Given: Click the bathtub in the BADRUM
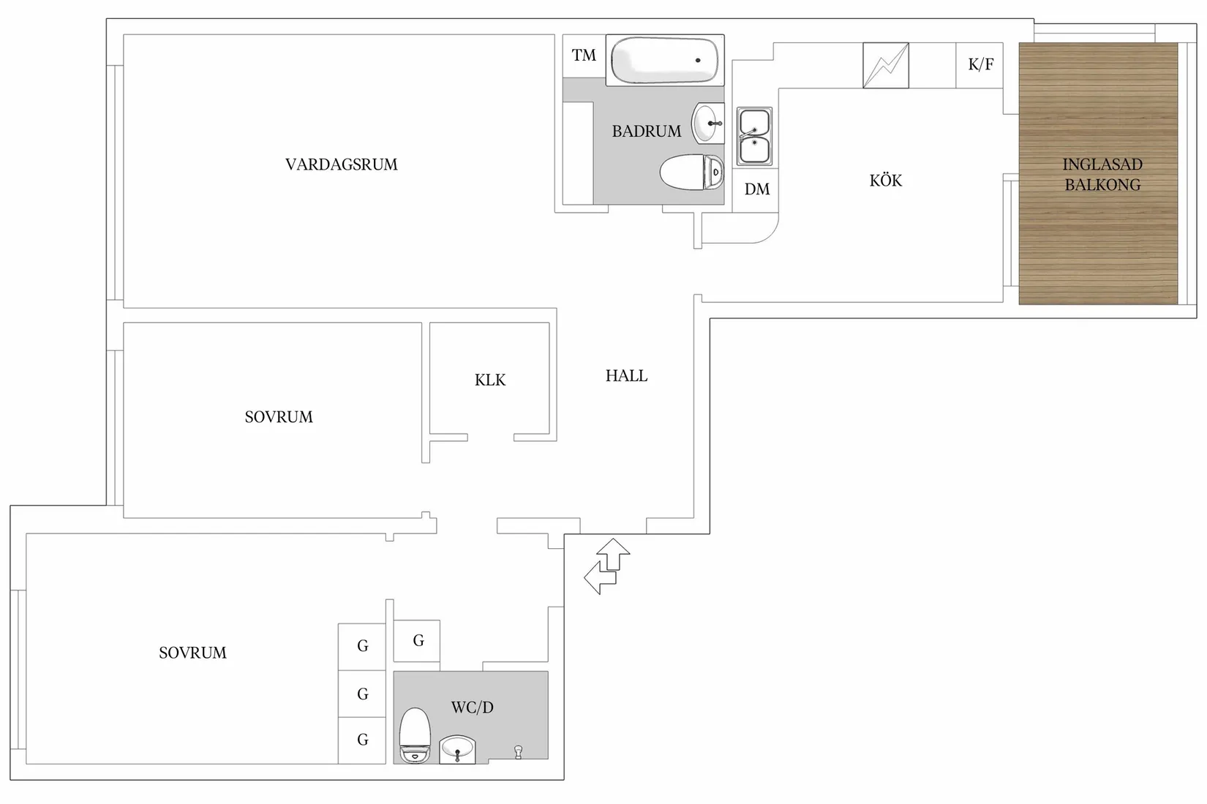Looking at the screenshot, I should (664, 60).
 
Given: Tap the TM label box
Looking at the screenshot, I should (584, 56).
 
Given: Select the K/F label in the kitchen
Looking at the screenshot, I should (980, 65).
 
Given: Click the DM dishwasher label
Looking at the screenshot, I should (756, 189).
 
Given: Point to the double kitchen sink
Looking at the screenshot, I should (754, 136).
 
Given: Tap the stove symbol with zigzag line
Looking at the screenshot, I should (885, 66).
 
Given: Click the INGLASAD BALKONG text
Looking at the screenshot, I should (1102, 175).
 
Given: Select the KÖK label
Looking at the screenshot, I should (885, 181).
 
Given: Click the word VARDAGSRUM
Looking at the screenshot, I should (341, 164).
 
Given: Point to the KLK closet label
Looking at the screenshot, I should (489, 380).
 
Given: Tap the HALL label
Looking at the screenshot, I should (626, 376).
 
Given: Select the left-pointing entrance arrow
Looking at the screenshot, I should (598, 578).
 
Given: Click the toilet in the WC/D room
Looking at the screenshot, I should (415, 735).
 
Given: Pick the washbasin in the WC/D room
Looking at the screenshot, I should (458, 749).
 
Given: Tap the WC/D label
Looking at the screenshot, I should (472, 708).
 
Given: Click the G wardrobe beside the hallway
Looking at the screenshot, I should (418, 641).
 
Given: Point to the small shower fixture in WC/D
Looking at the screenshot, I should (518, 751).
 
